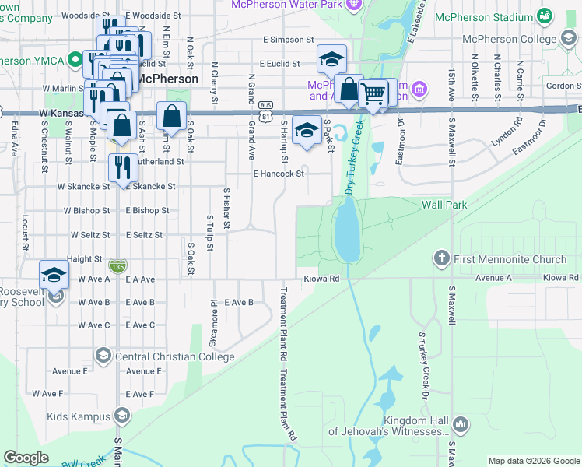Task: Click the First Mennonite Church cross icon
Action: pos(442,258)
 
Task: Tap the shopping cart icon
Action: pos(373,93)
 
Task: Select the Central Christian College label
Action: pos(174,356)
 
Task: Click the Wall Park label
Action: pos(444,205)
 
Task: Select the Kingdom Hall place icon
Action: pos(461,425)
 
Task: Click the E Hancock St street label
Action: pos(278,174)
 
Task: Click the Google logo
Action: pos(26,458)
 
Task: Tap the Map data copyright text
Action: pos(533,461)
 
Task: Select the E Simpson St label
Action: pos(288,39)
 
